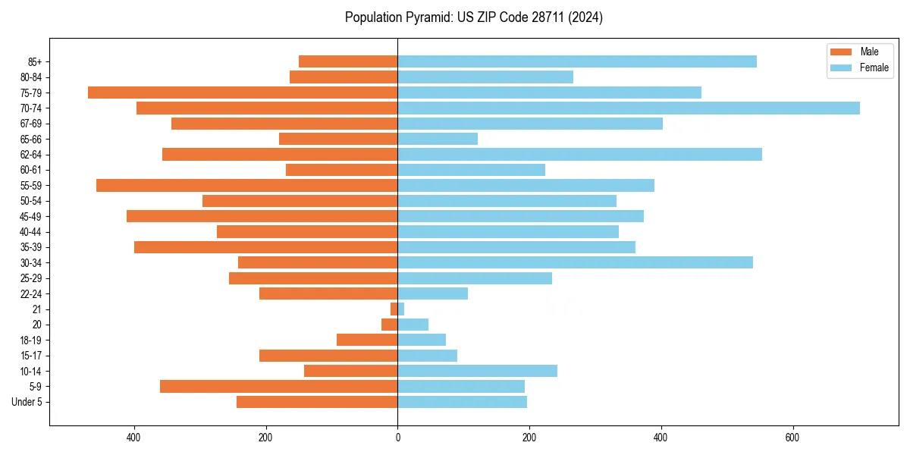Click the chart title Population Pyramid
click(x=473, y=17)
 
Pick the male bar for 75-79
click(x=243, y=93)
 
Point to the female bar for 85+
click(x=576, y=61)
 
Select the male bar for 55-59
click(x=246, y=185)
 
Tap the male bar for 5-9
click(x=278, y=386)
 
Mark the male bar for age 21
click(x=394, y=309)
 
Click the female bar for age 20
click(x=413, y=325)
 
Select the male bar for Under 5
click(x=317, y=402)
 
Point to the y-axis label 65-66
click(x=31, y=139)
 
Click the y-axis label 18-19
click(x=31, y=340)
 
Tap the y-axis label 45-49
click(x=31, y=216)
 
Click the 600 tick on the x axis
click(x=792, y=438)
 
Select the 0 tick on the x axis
click(x=397, y=438)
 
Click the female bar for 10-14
click(x=477, y=371)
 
